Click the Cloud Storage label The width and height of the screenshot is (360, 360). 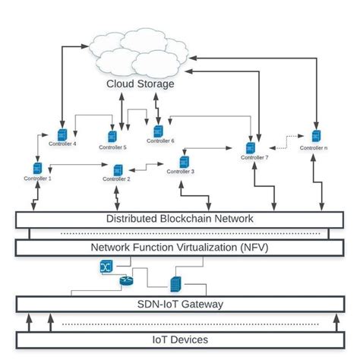tap(140, 84)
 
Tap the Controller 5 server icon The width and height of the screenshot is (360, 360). tap(112, 137)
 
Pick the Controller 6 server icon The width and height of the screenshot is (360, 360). tap(159, 131)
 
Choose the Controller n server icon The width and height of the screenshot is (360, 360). tap(314, 137)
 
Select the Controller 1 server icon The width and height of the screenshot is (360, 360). tap(37, 168)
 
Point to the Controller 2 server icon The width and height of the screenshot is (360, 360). tap(117, 169)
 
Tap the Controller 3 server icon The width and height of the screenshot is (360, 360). tap(183, 162)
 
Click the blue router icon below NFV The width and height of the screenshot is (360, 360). tap(127, 281)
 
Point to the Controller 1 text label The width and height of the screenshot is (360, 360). tap(37, 178)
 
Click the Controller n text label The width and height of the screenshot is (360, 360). tap(314, 148)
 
